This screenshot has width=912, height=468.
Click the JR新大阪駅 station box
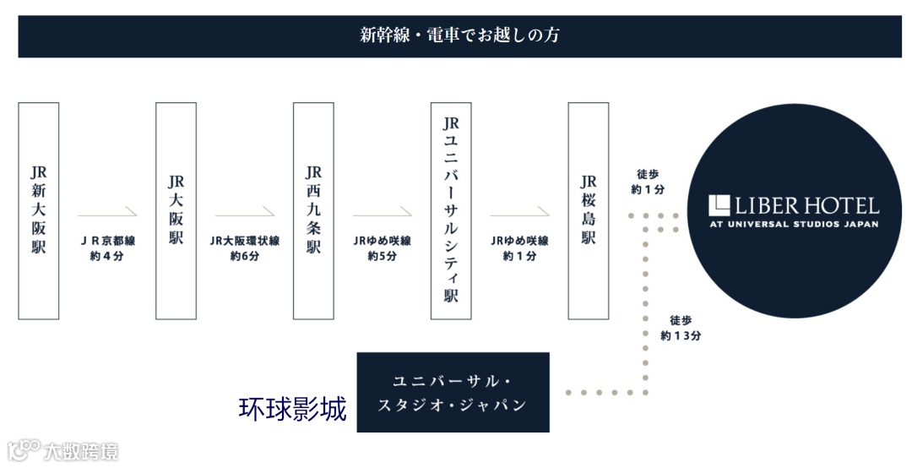[x=39, y=211]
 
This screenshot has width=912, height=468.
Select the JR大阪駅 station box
[x=176, y=211]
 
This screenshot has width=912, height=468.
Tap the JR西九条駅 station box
[x=313, y=211]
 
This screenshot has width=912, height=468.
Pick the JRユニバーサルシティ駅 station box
[x=451, y=211]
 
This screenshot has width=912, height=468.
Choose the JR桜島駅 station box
[x=589, y=211]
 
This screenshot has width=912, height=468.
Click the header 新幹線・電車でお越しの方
[x=459, y=35]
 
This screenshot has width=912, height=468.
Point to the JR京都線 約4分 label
[x=107, y=248]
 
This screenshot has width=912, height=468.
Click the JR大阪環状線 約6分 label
[x=245, y=248]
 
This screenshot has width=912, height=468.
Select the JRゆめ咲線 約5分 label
[x=382, y=248]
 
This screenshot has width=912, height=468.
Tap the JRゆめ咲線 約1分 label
[x=519, y=248]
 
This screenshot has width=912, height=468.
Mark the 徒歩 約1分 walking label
[x=648, y=182]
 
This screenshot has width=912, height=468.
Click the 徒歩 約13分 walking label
[x=681, y=328]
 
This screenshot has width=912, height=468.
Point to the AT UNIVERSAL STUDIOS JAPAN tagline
[x=794, y=224]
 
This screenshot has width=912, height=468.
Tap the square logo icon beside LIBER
[x=719, y=204]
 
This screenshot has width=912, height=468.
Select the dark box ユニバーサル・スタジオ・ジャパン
[x=453, y=392]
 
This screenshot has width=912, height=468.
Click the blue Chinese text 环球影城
[x=292, y=410]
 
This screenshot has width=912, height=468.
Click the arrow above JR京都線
[x=107, y=211]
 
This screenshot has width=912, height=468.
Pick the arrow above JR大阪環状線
[x=245, y=211]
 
